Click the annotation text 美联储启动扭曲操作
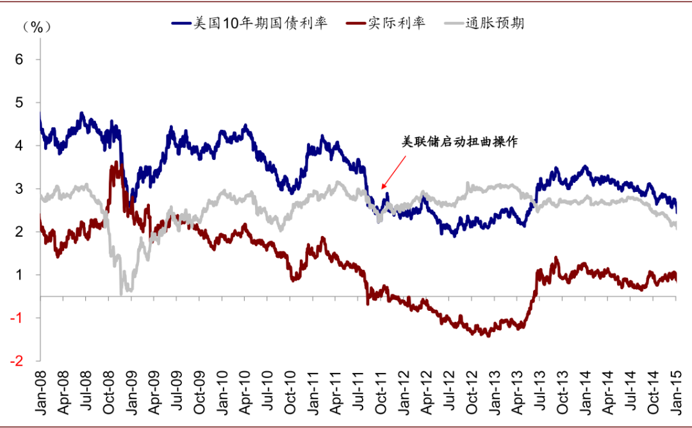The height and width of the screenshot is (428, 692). [x=459, y=143]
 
